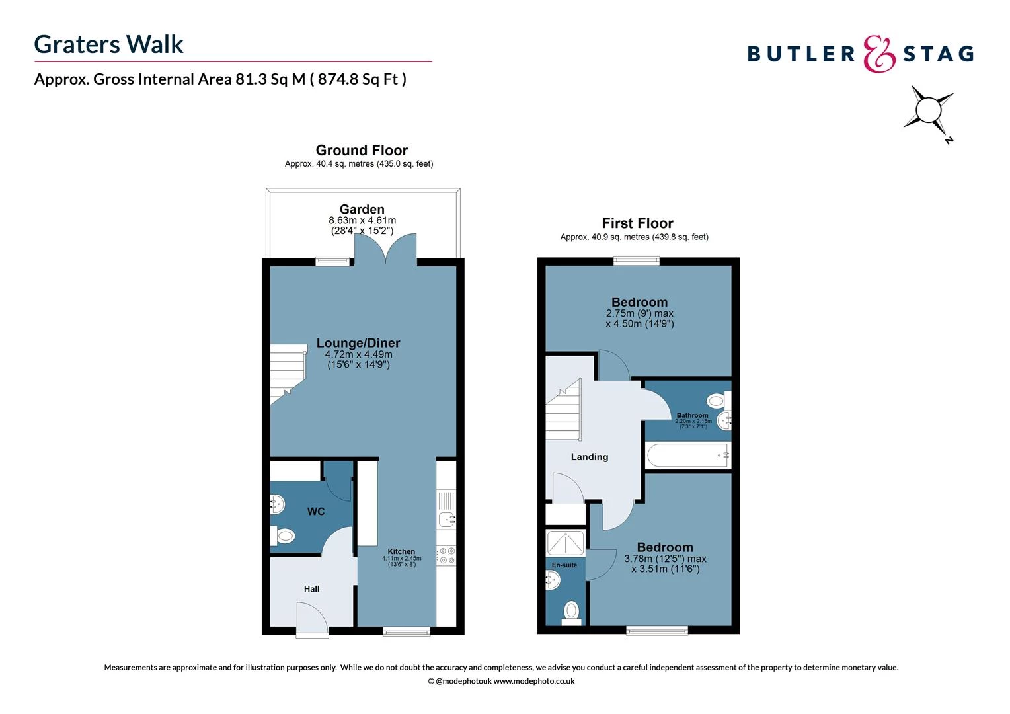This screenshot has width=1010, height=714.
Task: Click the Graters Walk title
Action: click(x=108, y=44)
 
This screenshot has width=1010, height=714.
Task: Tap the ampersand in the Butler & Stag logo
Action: click(x=879, y=54)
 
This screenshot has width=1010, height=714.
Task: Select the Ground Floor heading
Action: click(x=362, y=150)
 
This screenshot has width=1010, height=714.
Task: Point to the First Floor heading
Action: click(x=637, y=223)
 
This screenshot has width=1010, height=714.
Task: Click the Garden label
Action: click(x=362, y=209)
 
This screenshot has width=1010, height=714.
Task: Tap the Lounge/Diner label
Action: click(x=358, y=343)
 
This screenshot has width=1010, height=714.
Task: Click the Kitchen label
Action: click(x=401, y=551)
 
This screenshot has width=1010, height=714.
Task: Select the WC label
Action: click(x=316, y=511)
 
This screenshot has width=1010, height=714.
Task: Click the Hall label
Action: click(x=311, y=589)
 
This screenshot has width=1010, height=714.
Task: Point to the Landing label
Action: click(x=589, y=457)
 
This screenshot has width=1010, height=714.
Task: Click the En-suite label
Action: click(x=564, y=565)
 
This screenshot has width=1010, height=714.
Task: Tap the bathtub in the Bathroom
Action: click(x=687, y=456)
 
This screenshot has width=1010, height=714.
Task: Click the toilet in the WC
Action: click(x=283, y=535)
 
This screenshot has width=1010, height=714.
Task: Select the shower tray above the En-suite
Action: click(x=565, y=543)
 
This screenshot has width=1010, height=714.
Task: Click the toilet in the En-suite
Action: click(x=571, y=610)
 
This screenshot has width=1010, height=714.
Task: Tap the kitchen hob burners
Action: click(x=446, y=555)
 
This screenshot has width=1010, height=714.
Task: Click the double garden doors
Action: click(x=385, y=250)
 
